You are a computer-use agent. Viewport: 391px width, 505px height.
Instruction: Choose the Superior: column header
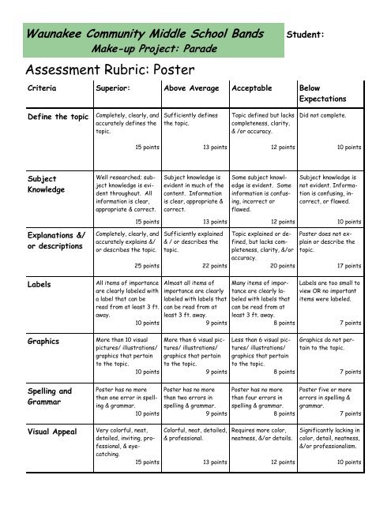click(x=117, y=89)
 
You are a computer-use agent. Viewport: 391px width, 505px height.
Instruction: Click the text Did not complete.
click(x=326, y=115)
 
